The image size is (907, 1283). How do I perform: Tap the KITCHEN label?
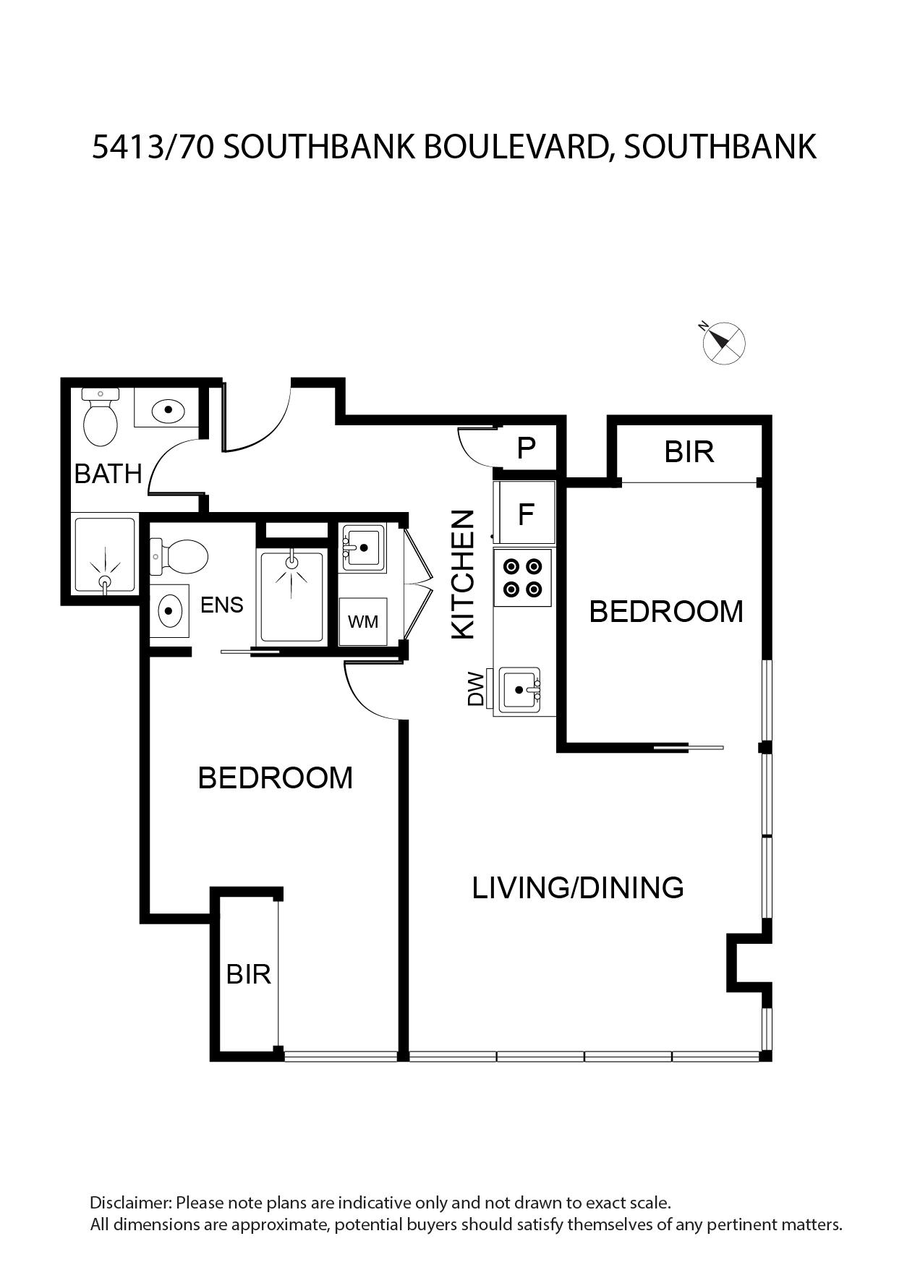tap(463, 574)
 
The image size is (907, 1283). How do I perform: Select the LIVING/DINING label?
tap(578, 887)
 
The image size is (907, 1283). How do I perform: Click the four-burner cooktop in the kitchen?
tap(523, 577)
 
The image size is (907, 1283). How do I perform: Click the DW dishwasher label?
tap(475, 689)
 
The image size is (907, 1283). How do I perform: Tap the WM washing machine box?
tap(363, 621)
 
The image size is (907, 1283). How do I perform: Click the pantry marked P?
tap(526, 448)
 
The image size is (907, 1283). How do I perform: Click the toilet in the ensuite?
tap(179, 556)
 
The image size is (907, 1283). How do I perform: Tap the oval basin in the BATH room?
tap(169, 410)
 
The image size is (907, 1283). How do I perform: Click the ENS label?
tap(222, 605)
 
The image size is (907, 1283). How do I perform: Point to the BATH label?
tap(108, 474)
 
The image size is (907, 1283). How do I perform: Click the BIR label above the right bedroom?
tap(689, 452)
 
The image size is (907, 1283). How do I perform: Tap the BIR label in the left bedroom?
tap(249, 974)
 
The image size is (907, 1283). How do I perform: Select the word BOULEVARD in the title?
tap(516, 147)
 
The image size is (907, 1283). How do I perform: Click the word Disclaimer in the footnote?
tap(130, 1203)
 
